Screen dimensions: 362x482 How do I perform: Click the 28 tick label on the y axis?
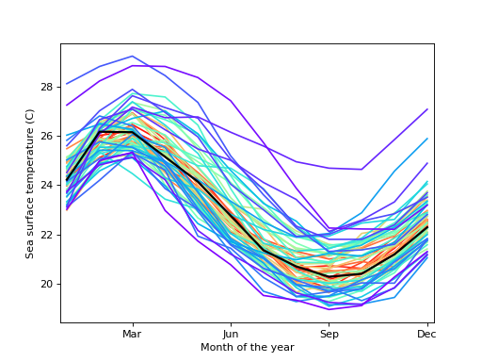(47, 87)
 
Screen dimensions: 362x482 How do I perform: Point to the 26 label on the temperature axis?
(47, 136)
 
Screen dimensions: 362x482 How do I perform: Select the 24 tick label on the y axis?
(47, 185)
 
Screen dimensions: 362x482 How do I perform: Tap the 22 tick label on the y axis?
(47, 235)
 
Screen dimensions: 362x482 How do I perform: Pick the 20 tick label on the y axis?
(47, 284)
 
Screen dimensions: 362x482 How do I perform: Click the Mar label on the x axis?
(132, 334)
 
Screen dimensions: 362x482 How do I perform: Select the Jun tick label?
(231, 334)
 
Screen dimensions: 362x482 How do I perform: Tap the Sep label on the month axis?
(329, 334)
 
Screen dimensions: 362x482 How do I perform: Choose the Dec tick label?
(426, 334)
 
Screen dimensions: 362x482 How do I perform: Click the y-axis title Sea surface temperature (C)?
(30, 183)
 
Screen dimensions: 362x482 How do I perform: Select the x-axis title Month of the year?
(247, 348)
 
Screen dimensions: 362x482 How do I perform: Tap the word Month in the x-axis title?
(216, 348)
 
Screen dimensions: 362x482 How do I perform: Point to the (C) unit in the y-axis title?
(30, 115)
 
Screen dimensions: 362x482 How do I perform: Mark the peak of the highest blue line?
(132, 56)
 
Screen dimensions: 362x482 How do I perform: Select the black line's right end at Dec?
(427, 227)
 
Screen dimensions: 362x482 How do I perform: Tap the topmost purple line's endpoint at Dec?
(427, 109)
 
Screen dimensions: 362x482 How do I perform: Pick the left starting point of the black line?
(67, 179)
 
